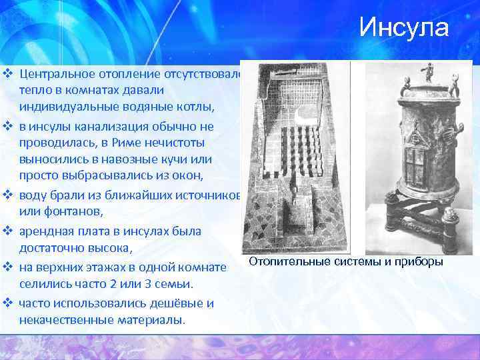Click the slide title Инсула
coord(404,28)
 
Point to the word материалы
coord(151,321)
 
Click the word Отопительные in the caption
coord(288,261)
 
